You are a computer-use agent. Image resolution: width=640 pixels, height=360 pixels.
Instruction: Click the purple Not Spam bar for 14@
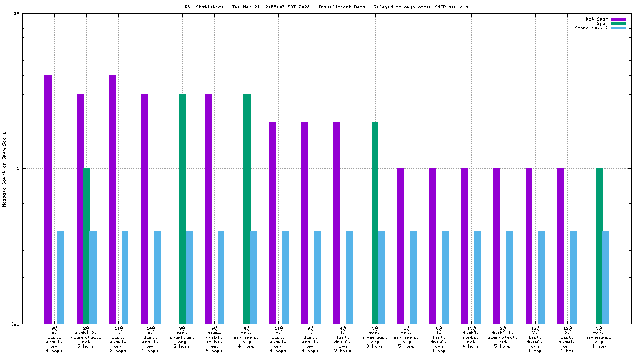tap(144, 209)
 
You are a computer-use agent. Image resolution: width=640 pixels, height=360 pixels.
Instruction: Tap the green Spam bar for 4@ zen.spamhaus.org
tap(247, 209)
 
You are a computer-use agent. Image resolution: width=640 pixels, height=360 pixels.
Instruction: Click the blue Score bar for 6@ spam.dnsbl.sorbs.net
tap(221, 277)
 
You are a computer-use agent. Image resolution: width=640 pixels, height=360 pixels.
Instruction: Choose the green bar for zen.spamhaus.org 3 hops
tap(375, 222)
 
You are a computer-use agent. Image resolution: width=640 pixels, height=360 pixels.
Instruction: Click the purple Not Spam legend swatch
tap(618, 19)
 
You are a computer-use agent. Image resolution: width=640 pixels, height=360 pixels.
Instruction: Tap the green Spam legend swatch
tap(618, 23)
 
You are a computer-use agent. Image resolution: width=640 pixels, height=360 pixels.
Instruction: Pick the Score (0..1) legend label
tap(591, 28)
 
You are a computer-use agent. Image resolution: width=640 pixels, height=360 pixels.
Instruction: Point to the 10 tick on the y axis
tap(17, 14)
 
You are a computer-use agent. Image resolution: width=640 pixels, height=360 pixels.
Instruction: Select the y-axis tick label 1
tap(18, 169)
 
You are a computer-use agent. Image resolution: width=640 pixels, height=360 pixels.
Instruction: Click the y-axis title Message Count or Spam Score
tap(4, 169)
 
